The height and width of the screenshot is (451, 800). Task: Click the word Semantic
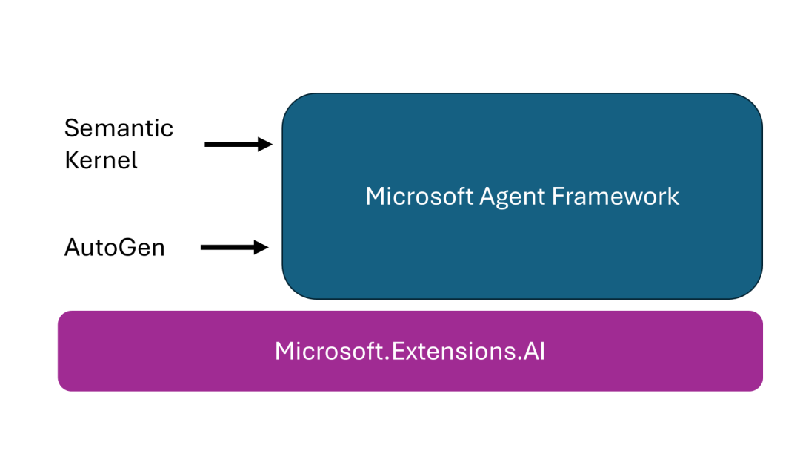pyautogui.click(x=119, y=128)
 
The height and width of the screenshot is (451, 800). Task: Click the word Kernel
pyautogui.click(x=101, y=160)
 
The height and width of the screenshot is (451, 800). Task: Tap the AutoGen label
pyautogui.click(x=114, y=247)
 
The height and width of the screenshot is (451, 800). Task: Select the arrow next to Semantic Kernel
pyautogui.click(x=238, y=144)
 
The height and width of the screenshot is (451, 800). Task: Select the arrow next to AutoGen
pyautogui.click(x=234, y=247)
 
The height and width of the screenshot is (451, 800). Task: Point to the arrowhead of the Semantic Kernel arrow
pyautogui.click(x=266, y=144)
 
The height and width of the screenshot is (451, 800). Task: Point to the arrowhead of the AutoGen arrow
pyautogui.click(x=261, y=247)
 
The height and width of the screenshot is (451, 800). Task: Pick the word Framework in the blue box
pyautogui.click(x=615, y=196)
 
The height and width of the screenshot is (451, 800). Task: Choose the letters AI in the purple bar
pyautogui.click(x=535, y=351)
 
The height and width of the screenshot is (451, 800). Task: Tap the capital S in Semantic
pyautogui.click(x=71, y=128)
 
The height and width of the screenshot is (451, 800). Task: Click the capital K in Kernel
pyautogui.click(x=72, y=160)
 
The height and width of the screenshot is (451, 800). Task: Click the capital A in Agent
pyautogui.click(x=487, y=196)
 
